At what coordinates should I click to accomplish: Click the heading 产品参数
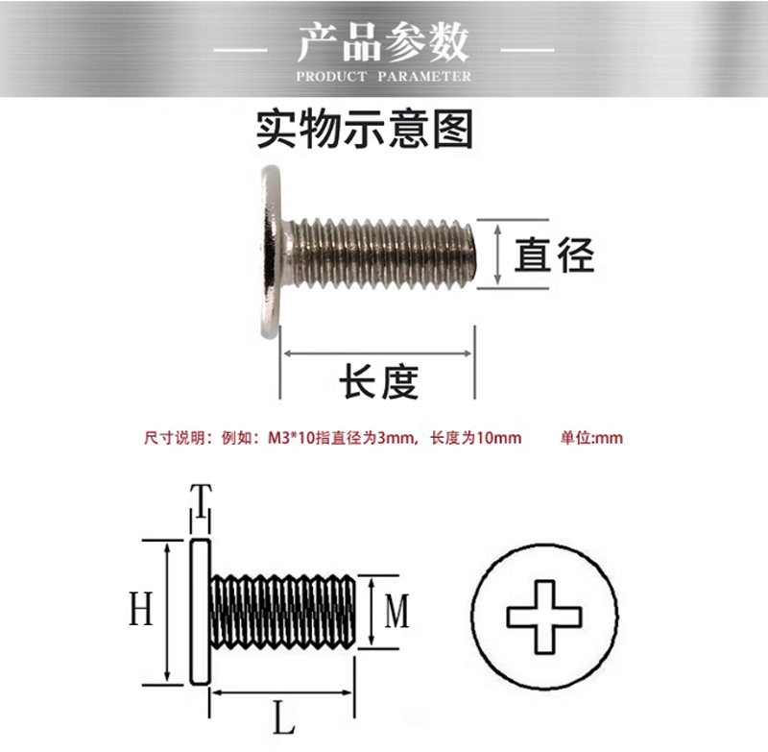(x=383, y=42)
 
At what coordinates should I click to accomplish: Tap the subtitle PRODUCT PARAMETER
(x=383, y=76)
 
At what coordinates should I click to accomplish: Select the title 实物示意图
(x=365, y=129)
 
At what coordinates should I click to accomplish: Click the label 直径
(x=554, y=255)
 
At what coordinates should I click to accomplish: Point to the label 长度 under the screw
(x=379, y=382)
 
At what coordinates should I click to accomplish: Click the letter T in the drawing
(x=200, y=500)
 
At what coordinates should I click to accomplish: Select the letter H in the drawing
(x=141, y=609)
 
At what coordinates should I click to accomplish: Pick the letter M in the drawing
(x=397, y=611)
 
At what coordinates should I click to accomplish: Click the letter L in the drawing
(x=283, y=716)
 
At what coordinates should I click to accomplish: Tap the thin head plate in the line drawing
(x=200, y=611)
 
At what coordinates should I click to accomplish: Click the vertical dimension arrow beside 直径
(x=497, y=254)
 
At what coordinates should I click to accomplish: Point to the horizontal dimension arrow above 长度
(x=377, y=353)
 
